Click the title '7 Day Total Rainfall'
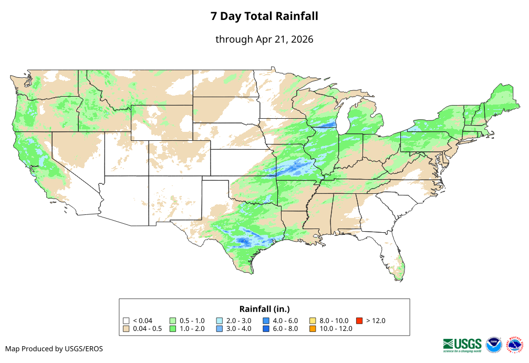pyautogui.click(x=264, y=16)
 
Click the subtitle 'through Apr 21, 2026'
pyautogui.click(x=264, y=39)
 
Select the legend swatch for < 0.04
pyautogui.click(x=126, y=320)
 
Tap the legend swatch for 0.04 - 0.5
pyautogui.click(x=126, y=329)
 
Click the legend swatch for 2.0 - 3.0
pyautogui.click(x=220, y=320)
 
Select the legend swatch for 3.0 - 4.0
pyautogui.click(x=220, y=329)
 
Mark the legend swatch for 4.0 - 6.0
pyautogui.click(x=266, y=320)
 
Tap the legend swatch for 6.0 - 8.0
pyautogui.click(x=266, y=329)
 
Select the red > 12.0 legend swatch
pyautogui.click(x=359, y=320)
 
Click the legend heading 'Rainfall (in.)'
pyautogui.click(x=264, y=309)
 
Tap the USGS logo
pyautogui.click(x=462, y=345)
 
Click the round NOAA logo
pyautogui.click(x=494, y=345)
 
